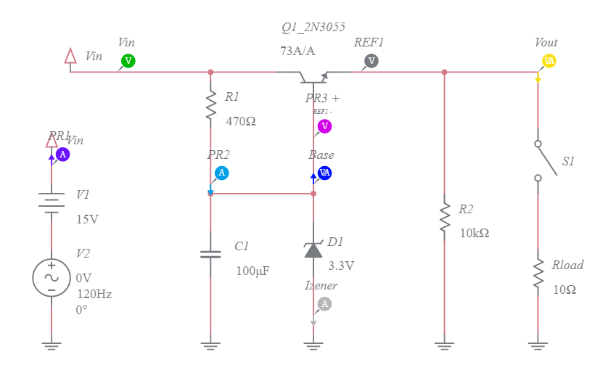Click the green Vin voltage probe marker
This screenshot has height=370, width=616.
(128, 61)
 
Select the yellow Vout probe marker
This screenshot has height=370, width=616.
(549, 61)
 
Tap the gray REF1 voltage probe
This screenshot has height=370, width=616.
(371, 61)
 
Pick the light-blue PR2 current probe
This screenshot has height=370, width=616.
(222, 173)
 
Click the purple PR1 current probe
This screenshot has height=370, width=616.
(63, 154)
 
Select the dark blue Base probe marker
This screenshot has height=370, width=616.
(325, 173)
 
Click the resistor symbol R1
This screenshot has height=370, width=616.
(210, 105)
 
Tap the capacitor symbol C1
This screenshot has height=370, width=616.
(210, 255)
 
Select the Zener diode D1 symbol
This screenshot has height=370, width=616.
(313, 249)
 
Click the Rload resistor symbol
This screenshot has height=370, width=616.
(538, 274)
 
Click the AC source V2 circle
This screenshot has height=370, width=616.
(52, 278)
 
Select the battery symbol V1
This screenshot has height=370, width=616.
(52, 203)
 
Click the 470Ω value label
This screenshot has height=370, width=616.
(241, 122)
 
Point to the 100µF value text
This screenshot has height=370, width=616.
(252, 271)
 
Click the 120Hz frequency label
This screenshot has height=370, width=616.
(94, 294)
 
